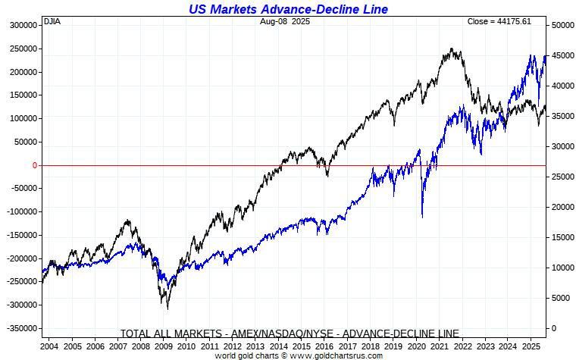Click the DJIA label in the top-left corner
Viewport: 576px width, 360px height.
[x=52, y=21]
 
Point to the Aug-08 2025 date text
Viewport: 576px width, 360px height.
[x=284, y=21]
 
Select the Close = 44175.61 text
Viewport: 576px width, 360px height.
[x=499, y=21]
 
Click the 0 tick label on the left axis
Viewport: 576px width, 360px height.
[x=35, y=165]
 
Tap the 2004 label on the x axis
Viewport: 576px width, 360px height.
[x=50, y=346]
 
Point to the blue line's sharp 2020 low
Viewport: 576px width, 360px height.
[x=422, y=218]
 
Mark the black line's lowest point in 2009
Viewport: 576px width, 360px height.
[x=167, y=308]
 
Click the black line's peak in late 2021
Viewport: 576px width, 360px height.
[x=452, y=49]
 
